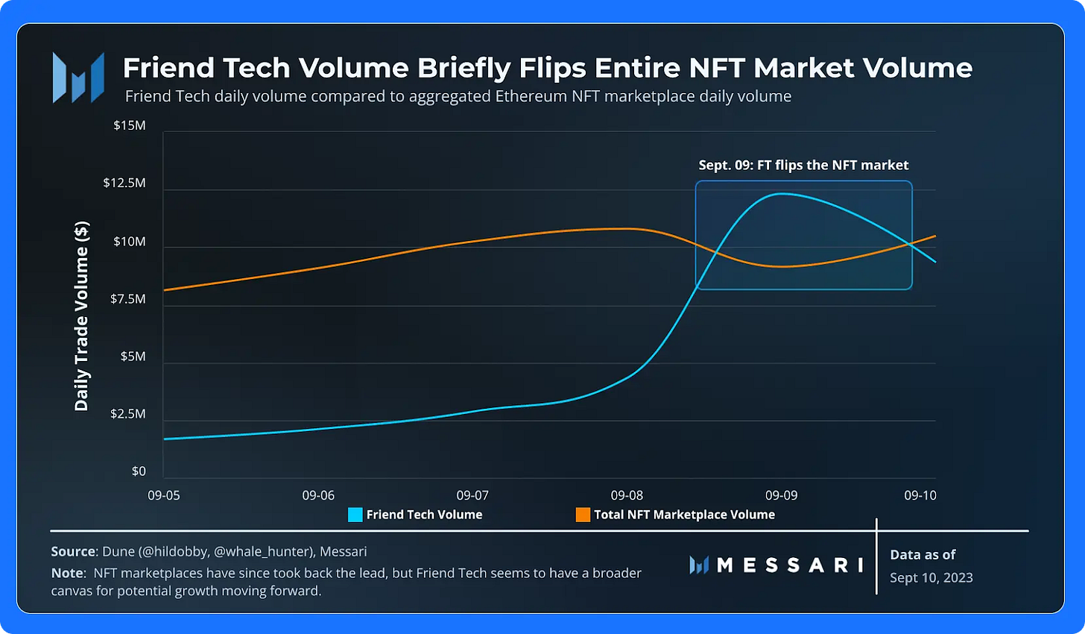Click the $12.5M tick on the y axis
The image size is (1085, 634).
click(124, 183)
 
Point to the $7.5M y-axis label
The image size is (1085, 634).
click(129, 299)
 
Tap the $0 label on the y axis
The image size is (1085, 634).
click(139, 471)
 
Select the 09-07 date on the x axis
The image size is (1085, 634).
click(472, 495)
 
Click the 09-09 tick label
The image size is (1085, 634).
click(781, 495)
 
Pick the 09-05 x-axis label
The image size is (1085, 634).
click(164, 495)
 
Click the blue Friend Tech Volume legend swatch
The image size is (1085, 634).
click(355, 515)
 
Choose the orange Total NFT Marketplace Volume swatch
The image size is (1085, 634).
click(583, 515)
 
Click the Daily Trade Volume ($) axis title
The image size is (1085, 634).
click(81, 316)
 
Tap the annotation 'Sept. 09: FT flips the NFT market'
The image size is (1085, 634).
click(803, 166)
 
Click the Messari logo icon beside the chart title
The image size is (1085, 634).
click(78, 78)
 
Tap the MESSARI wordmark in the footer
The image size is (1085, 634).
click(789, 565)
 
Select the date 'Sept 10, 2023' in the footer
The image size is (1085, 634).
click(931, 578)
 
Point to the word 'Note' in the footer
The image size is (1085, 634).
click(66, 574)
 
